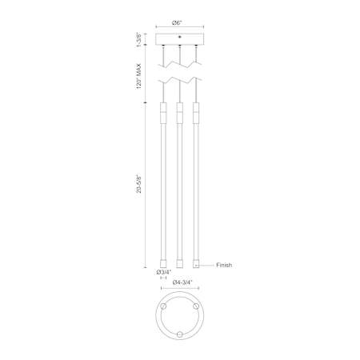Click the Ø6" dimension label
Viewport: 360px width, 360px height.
[177, 23]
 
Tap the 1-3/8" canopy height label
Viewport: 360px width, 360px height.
[138, 39]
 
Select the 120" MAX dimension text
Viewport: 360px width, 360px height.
[138, 76]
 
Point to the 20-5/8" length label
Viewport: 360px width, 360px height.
[138, 184]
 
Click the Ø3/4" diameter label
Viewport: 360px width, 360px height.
[164, 272]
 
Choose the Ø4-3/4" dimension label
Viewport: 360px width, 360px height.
[182, 282]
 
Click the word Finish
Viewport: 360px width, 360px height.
[224, 265]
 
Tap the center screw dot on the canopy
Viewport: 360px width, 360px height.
[179, 37]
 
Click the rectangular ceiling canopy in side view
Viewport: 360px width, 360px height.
[179, 39]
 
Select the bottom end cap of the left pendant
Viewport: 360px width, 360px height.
[163, 263]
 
